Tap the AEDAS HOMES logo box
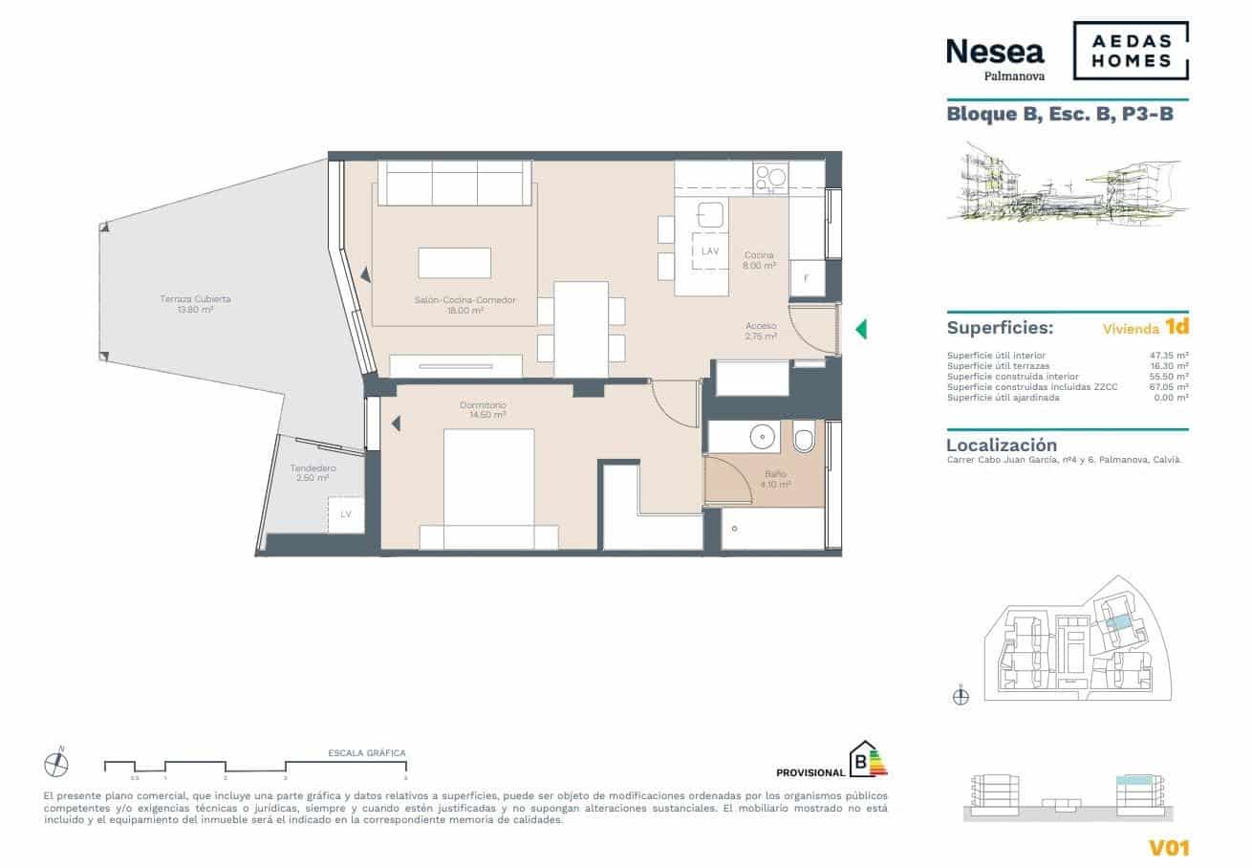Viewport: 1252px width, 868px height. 1131,51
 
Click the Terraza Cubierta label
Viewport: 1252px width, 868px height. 195,304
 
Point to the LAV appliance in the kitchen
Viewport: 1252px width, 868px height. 709,250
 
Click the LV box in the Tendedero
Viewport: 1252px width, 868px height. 346,514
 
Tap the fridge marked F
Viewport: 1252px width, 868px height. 807,278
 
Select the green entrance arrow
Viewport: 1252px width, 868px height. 860,329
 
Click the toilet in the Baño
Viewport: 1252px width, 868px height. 803,438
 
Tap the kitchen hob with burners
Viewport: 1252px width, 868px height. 770,178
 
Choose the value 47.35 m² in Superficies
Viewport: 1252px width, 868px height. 1168,355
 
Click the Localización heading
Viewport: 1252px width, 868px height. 1001,445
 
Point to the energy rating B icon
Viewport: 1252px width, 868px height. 867,760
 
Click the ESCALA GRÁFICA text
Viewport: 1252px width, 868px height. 366,753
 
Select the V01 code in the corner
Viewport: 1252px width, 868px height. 1168,846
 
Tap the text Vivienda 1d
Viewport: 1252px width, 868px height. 1145,327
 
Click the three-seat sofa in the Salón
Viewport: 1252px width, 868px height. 455,183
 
